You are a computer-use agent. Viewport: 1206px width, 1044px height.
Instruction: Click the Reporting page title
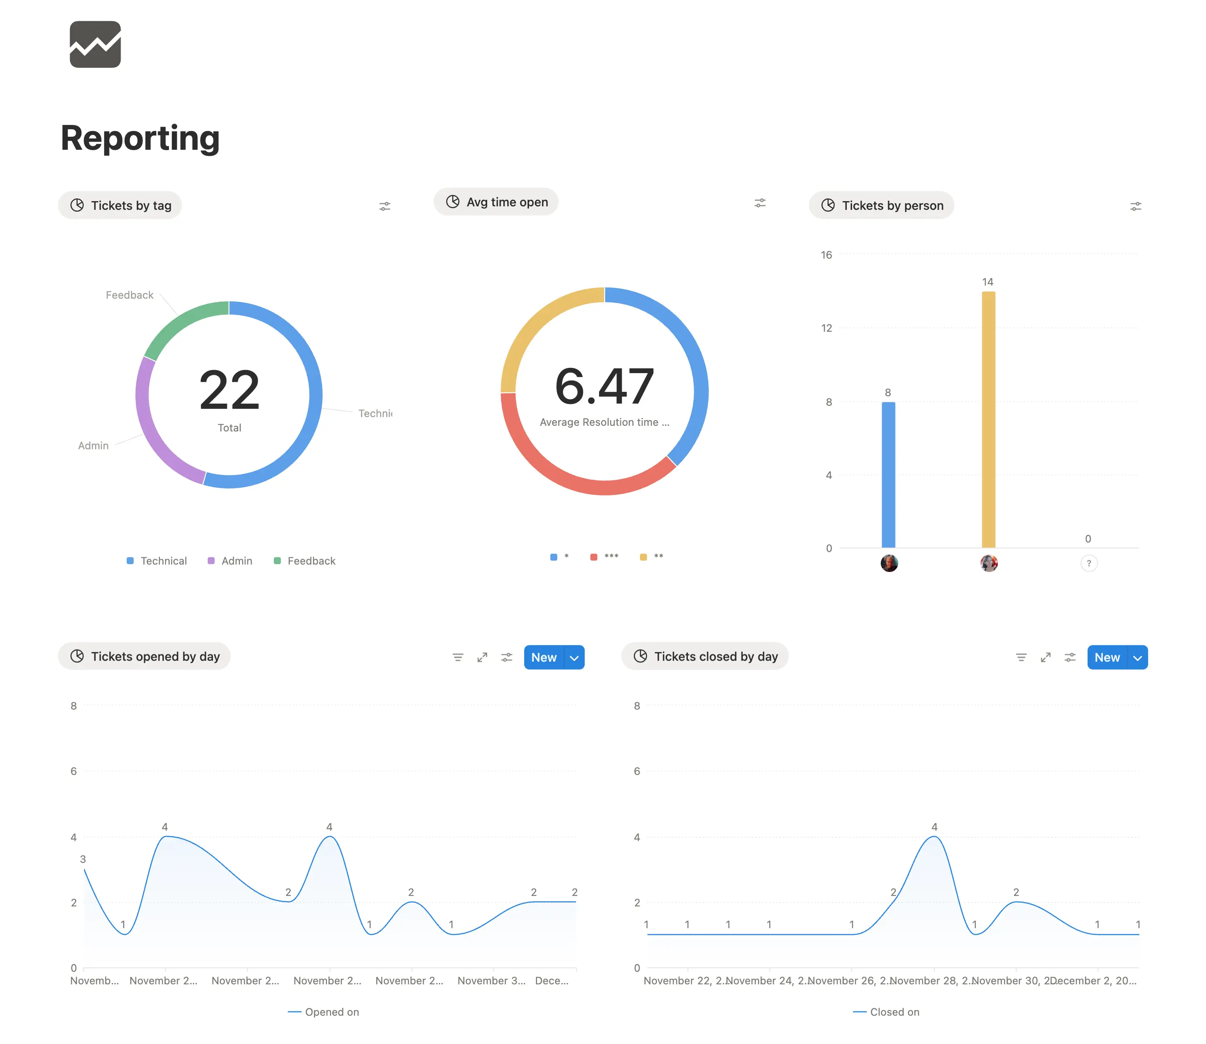pos(140,138)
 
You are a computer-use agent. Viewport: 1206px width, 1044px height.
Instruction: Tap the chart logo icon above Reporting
pos(95,44)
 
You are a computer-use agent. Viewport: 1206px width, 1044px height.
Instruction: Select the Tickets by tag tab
pos(120,205)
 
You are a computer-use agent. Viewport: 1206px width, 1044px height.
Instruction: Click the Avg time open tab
pos(496,202)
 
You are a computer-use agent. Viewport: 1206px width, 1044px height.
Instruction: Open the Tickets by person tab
pos(882,205)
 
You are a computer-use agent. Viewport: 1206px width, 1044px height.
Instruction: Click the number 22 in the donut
pos(229,391)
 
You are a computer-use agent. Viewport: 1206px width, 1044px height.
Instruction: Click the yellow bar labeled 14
pos(988,419)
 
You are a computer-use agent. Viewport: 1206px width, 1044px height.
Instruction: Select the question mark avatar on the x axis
pos(1088,563)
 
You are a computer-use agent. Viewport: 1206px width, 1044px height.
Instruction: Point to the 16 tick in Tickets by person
pos(826,255)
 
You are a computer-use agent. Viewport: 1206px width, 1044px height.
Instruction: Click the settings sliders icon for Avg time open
pos(760,203)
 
